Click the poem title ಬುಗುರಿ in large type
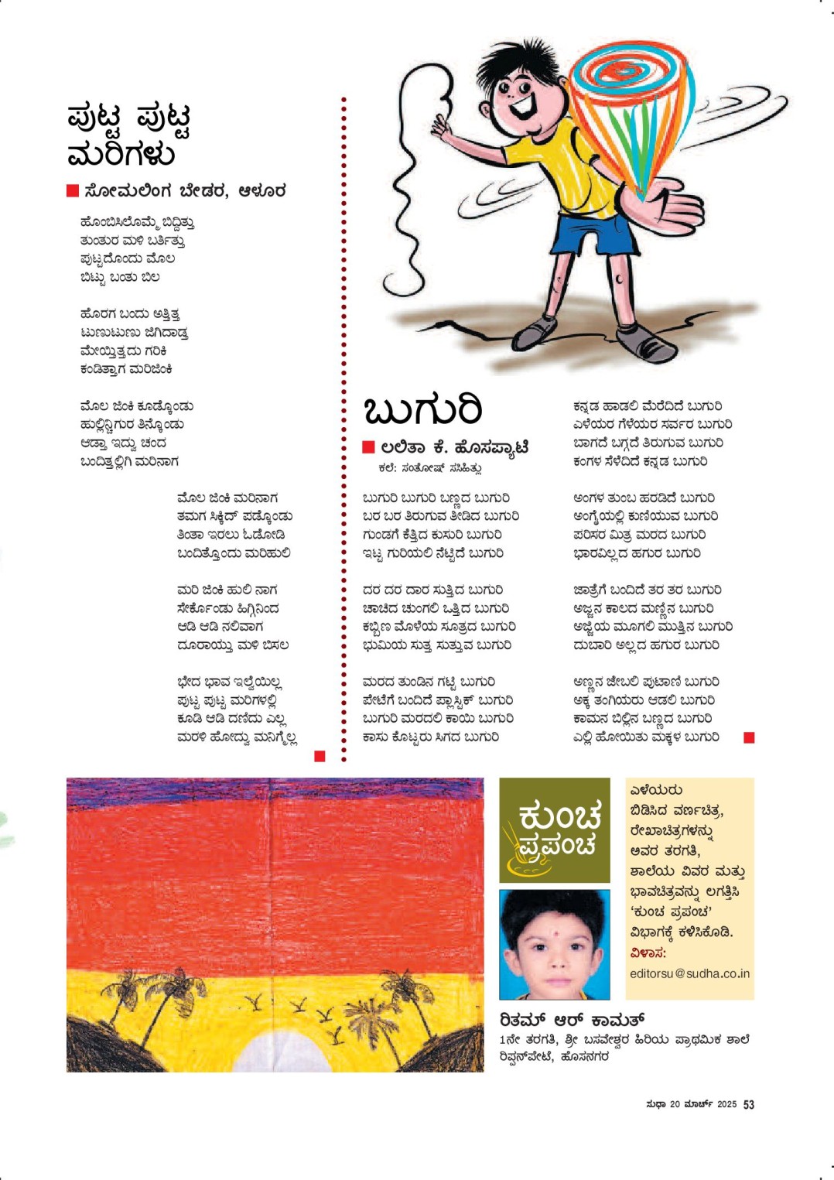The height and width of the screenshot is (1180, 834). (422, 410)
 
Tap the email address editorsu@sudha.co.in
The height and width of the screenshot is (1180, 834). (689, 973)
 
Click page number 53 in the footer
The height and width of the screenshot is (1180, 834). (748, 1105)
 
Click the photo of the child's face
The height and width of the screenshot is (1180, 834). (554, 944)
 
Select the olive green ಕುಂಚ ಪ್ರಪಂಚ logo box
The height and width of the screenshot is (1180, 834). (554, 829)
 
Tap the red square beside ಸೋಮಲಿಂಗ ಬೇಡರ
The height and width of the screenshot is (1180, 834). (73, 190)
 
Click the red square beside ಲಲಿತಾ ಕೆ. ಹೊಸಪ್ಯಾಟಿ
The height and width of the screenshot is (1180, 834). (368, 447)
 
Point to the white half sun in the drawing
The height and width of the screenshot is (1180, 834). (275, 1056)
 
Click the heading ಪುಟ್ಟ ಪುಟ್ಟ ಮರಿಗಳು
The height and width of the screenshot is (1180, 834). (128, 135)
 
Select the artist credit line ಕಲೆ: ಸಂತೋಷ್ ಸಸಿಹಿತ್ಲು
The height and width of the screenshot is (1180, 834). (430, 468)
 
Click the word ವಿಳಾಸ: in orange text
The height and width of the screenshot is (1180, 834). (648, 953)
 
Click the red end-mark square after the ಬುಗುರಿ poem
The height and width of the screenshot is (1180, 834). (748, 738)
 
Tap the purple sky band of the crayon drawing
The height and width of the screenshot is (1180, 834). (275, 794)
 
